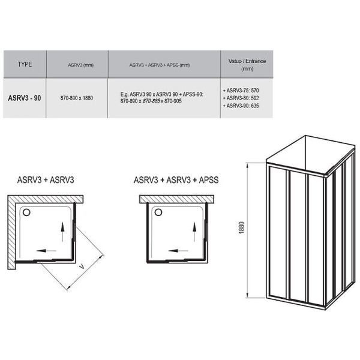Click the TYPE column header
coord(25,64)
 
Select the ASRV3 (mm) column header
coord(80,65)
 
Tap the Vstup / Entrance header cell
coord(247,65)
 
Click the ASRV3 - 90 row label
coord(25,98)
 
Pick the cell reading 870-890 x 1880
coord(77,98)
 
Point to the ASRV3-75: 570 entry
coord(241,91)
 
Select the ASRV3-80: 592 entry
coord(241,98)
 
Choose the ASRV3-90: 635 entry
coord(241,106)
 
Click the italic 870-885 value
coord(151,101)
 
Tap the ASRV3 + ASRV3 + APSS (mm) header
coord(160,65)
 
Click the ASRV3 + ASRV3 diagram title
coord(46,180)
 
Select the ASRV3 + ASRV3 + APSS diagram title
coord(176,180)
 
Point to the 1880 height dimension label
coord(242,228)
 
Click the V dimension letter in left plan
coord(82,266)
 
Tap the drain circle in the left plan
coord(26,212)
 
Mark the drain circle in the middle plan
coord(158,212)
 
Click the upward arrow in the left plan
coord(62,232)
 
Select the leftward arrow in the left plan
coord(46,250)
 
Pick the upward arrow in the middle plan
coord(194,232)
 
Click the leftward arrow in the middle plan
coord(178,250)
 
